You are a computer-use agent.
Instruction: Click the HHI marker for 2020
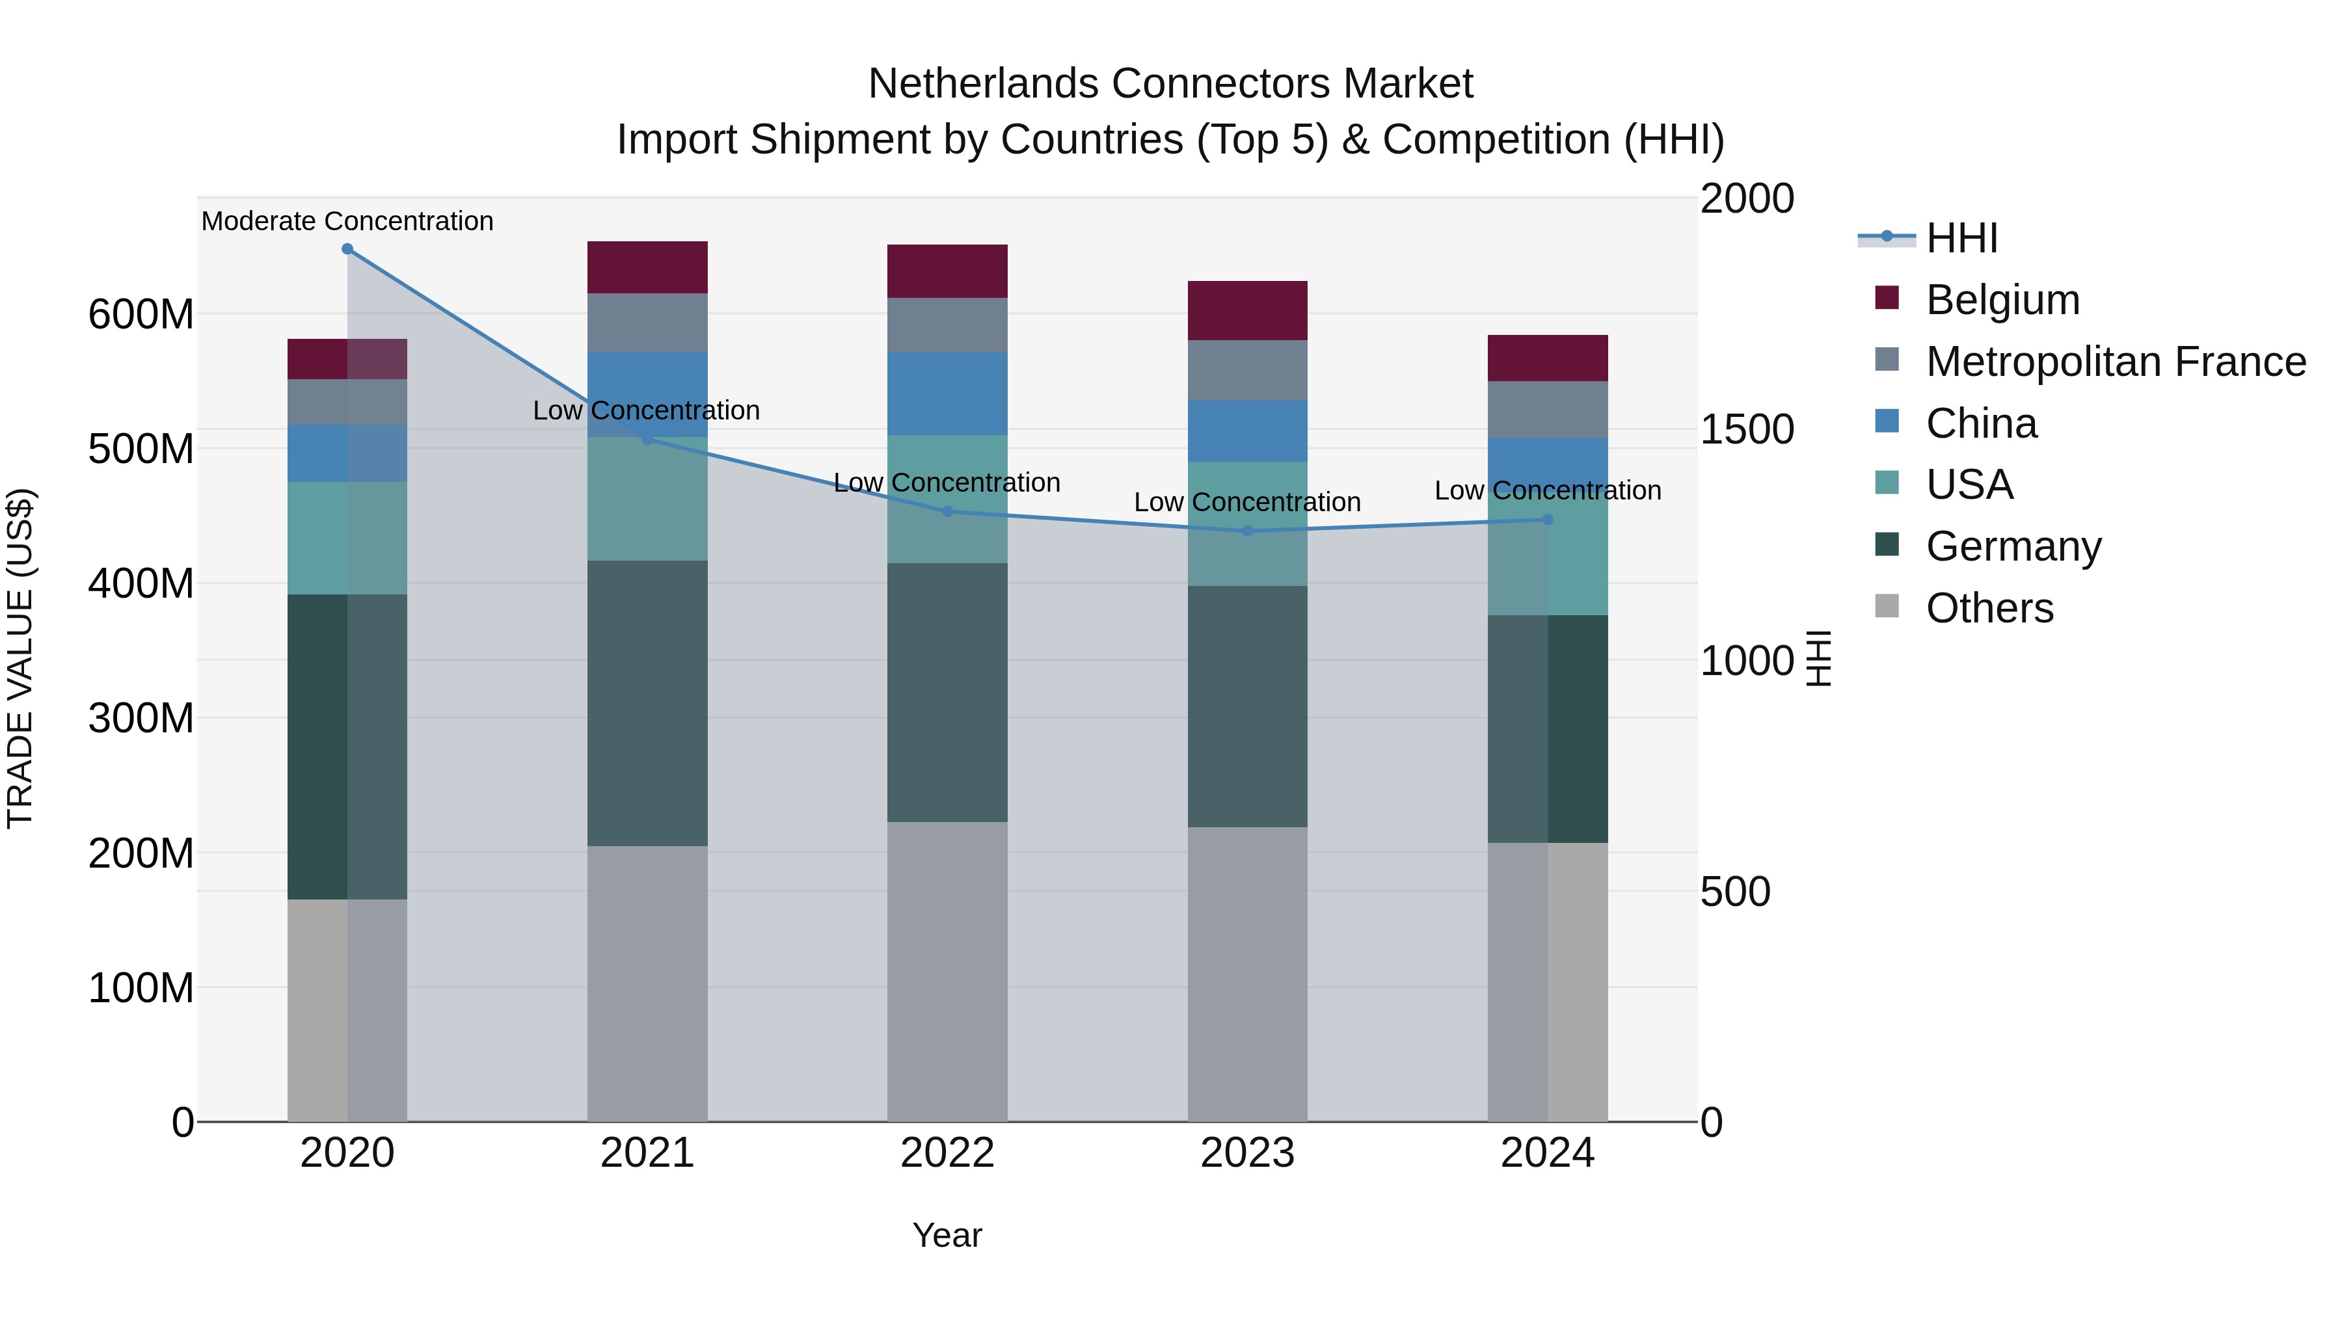pos(347,249)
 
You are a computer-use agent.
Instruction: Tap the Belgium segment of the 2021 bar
pos(647,267)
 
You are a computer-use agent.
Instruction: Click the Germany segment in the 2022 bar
pos(947,693)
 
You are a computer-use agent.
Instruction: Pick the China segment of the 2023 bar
pos(1247,431)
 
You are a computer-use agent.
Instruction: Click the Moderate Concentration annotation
pos(347,221)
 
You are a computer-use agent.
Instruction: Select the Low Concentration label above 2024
pos(1548,491)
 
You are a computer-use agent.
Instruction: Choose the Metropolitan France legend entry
pos(2115,362)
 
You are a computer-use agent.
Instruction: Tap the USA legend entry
pos(1969,485)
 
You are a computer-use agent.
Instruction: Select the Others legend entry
pos(1989,608)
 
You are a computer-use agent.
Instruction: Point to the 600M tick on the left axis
pos(141,315)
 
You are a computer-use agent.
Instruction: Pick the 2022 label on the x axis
pos(947,1153)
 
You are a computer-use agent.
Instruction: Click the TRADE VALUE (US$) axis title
pos(20,658)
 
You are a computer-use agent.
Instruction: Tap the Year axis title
pos(947,1235)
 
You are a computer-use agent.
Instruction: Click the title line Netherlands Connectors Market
pos(1170,84)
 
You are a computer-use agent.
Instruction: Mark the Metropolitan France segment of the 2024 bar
pos(1548,410)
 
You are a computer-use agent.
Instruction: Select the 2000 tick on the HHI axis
pos(1747,198)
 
